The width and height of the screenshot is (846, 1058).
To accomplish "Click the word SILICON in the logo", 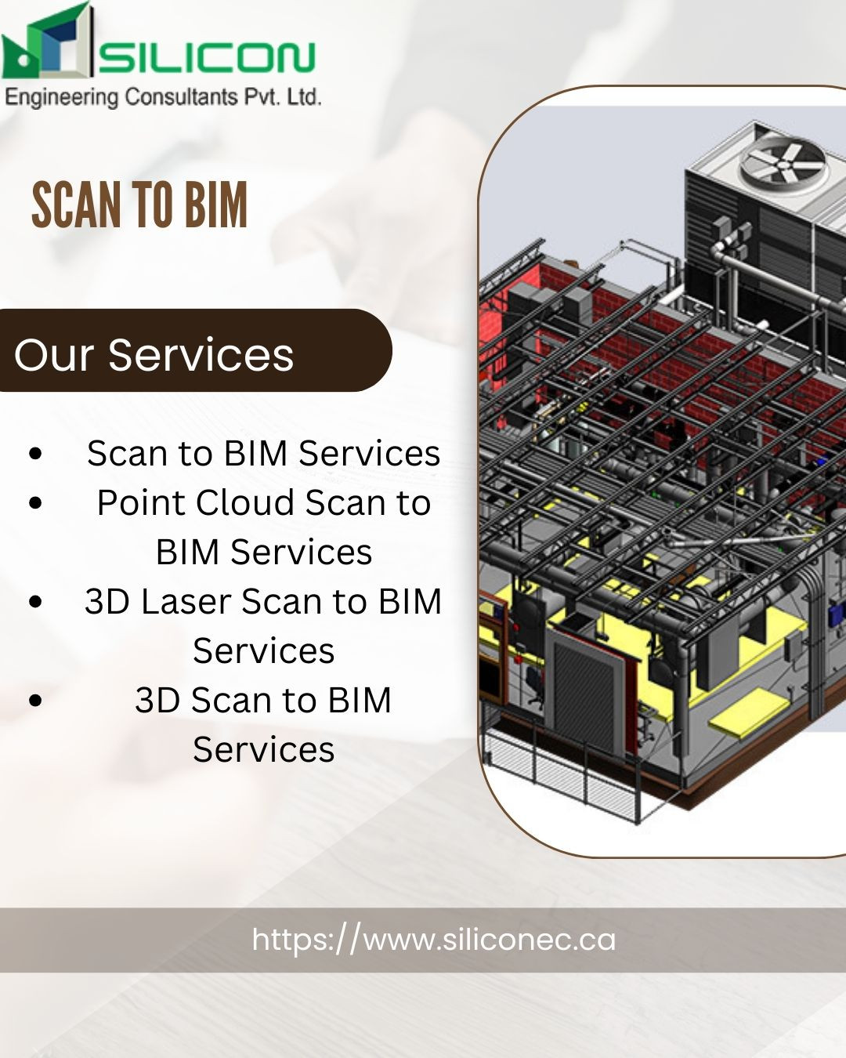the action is tap(207, 57).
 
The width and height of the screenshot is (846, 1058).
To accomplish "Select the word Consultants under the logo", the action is tap(182, 97).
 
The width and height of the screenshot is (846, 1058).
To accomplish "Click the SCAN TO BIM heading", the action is tap(139, 205).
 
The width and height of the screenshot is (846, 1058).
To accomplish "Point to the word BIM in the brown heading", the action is tap(216, 205).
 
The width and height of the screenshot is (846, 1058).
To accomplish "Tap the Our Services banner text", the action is tap(154, 354).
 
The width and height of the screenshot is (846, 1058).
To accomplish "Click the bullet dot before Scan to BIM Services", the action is tap(35, 454).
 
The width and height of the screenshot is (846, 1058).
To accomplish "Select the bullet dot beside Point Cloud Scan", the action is tap(35, 503).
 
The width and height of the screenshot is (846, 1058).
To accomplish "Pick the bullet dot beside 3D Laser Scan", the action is tap(35, 601).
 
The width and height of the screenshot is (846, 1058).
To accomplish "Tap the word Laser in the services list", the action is tap(186, 602).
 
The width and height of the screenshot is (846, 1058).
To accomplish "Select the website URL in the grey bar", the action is tap(433, 940).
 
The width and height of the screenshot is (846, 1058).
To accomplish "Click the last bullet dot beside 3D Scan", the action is tap(35, 700).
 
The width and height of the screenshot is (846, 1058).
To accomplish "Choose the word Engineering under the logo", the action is tap(61, 97).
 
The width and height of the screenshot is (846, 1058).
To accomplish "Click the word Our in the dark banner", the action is tap(53, 355).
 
